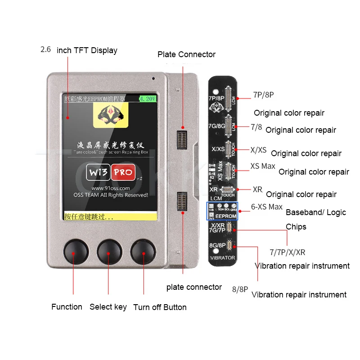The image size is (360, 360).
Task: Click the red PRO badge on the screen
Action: pyautogui.click(x=123, y=172)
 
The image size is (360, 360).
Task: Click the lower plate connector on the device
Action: pyautogui.click(x=183, y=201)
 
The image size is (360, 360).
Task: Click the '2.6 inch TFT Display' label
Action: pyautogui.click(x=79, y=50)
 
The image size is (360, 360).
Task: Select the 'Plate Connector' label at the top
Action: pyautogui.click(x=186, y=54)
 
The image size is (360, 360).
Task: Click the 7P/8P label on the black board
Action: pyautogui.click(x=216, y=98)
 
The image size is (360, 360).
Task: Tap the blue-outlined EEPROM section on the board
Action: pyautogui.click(x=222, y=210)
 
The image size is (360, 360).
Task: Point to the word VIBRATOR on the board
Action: pyautogui.click(x=222, y=258)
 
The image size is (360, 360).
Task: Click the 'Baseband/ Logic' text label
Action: pyautogui.click(x=316, y=212)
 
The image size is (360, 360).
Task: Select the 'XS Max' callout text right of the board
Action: pyautogui.click(x=263, y=166)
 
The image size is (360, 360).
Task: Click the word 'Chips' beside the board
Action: pyautogui.click(x=296, y=226)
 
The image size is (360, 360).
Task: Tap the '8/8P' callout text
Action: pyautogui.click(x=240, y=289)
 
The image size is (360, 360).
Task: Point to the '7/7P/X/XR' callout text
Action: pyautogui.click(x=287, y=252)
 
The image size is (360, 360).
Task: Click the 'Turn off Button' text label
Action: pyautogui.click(x=160, y=307)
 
